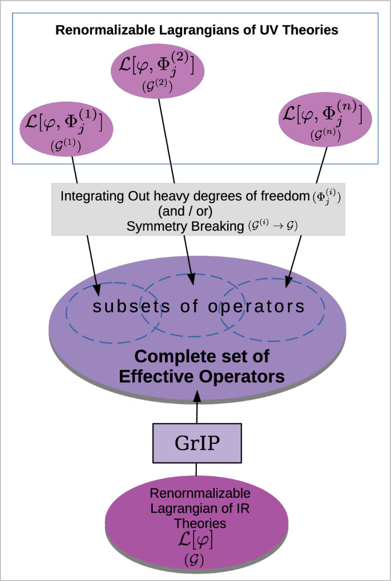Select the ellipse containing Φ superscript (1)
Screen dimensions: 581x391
(66, 128)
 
